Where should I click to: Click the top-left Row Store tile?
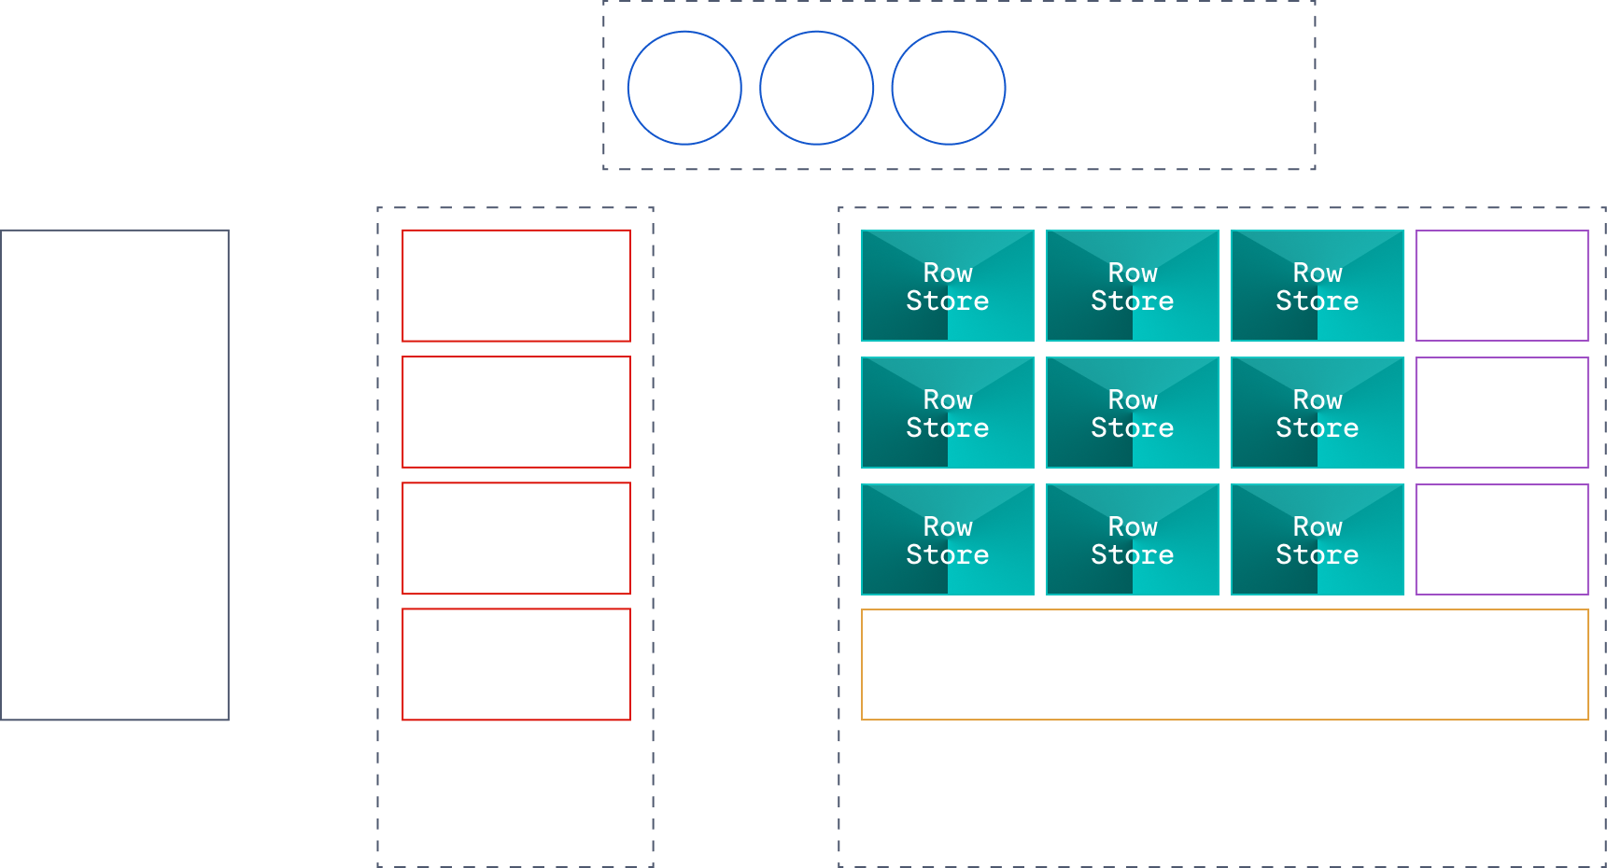point(947,286)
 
